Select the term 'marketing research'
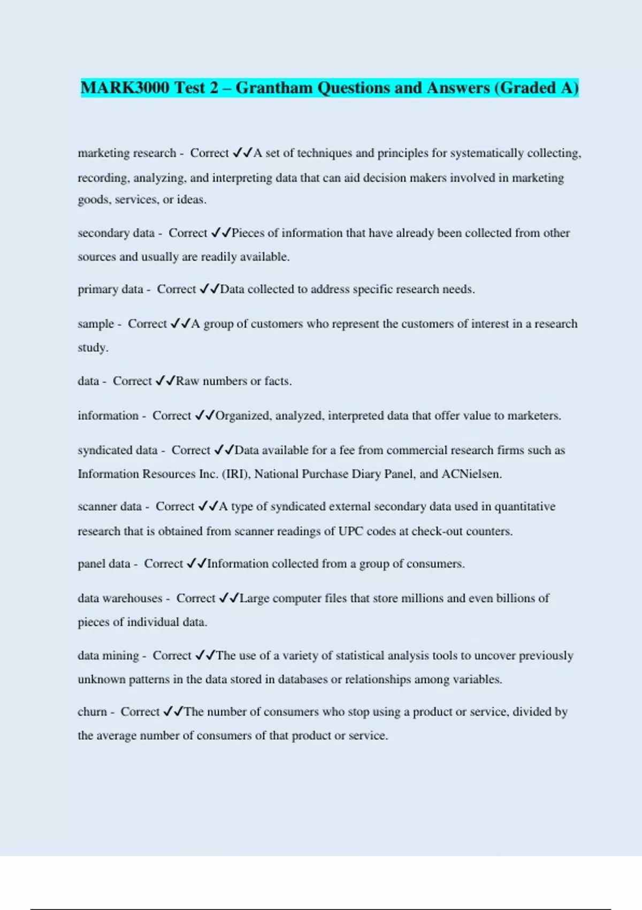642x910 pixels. [127, 153]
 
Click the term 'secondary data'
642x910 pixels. [116, 233]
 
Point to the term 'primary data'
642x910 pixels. [110, 289]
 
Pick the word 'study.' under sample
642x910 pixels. [93, 347]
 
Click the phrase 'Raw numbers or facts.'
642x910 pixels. [234, 381]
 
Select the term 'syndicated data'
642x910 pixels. [118, 450]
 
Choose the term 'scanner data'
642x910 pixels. [110, 506]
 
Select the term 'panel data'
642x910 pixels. [104, 564]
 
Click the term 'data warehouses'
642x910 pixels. [120, 598]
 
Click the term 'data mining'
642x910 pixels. [108, 655]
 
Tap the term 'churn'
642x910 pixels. [92, 711]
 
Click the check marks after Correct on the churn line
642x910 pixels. [173, 711]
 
